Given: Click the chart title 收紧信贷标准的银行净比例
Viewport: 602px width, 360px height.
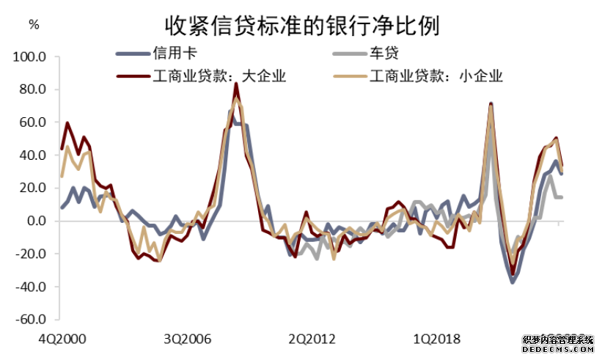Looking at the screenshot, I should point(301,25).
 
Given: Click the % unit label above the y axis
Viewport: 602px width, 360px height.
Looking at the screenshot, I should point(34,23).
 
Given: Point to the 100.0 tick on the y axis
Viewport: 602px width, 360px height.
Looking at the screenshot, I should point(32,56).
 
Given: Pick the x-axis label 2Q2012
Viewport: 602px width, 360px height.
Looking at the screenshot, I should point(312,339).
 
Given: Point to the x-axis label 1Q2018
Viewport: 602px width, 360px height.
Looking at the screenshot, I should point(437,339).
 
